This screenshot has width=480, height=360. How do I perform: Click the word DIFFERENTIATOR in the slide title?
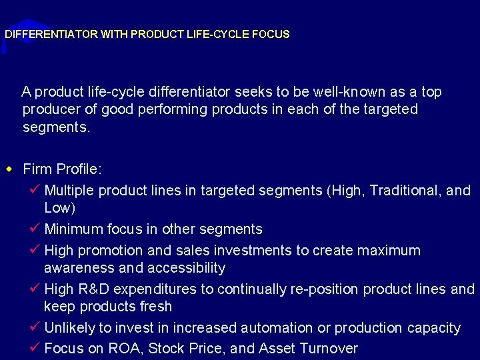(x=51, y=34)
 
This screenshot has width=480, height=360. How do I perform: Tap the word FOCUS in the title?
(x=271, y=34)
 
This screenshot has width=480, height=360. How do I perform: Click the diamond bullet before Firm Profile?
(x=9, y=169)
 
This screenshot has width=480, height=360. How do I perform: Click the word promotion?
(x=111, y=251)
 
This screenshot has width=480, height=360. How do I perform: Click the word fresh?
(x=155, y=307)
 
